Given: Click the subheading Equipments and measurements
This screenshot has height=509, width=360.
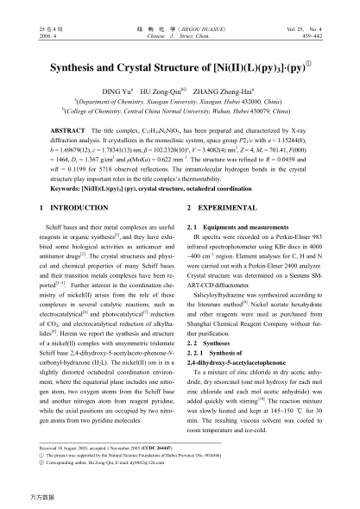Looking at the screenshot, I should (x=244, y=251).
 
